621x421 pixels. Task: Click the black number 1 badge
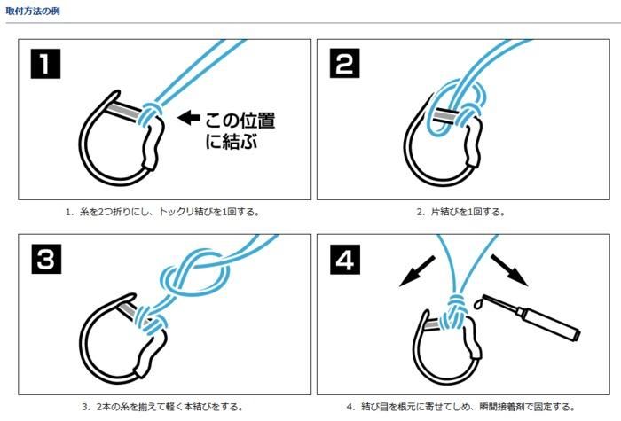pyautogui.click(x=45, y=64)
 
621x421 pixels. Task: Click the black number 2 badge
pyautogui.click(x=344, y=63)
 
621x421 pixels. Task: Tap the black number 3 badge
pyautogui.click(x=46, y=259)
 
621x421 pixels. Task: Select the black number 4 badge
pyautogui.click(x=345, y=259)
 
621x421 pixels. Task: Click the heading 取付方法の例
pyautogui.click(x=33, y=11)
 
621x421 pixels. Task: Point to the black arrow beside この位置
pyautogui.click(x=189, y=118)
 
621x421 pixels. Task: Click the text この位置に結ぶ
pyautogui.click(x=240, y=130)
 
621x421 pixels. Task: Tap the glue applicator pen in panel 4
pyautogui.click(x=531, y=316)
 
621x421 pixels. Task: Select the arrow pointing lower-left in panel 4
pyautogui.click(x=417, y=271)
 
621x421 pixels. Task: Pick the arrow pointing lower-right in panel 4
pyautogui.click(x=509, y=270)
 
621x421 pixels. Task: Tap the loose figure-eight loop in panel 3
pyautogui.click(x=195, y=273)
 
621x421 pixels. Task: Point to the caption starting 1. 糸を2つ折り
pyautogui.click(x=162, y=212)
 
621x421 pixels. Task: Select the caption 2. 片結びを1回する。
pyautogui.click(x=460, y=212)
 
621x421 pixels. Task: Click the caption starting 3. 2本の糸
pyautogui.click(x=162, y=406)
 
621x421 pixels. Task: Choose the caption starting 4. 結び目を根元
pyautogui.click(x=460, y=406)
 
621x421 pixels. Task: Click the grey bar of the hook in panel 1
pyautogui.click(x=124, y=111)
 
